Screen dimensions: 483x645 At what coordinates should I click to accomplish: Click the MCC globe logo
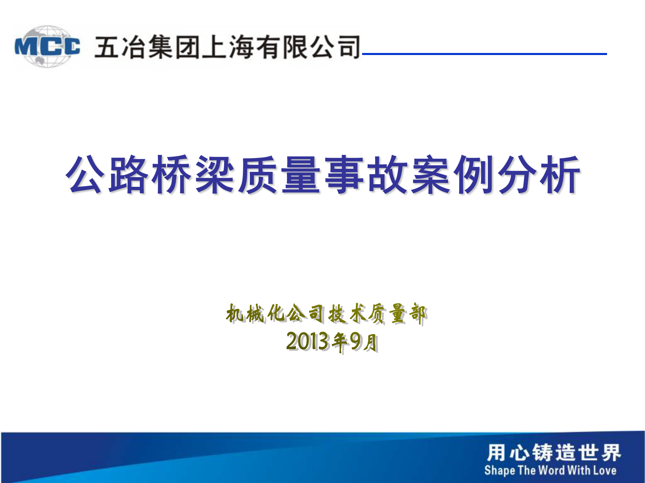pyautogui.click(x=47, y=46)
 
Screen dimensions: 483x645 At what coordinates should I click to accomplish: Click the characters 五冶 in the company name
pyautogui.click(x=120, y=47)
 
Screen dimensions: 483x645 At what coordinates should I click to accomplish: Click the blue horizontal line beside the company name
pyautogui.click(x=484, y=54)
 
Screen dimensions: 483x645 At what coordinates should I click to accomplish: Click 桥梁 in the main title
pyautogui.click(x=195, y=174)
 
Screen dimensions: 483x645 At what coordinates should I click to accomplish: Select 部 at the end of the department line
pyautogui.click(x=418, y=314)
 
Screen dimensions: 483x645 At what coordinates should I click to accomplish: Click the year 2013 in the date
pyautogui.click(x=307, y=341)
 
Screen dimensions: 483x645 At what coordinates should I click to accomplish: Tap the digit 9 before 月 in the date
pyautogui.click(x=355, y=341)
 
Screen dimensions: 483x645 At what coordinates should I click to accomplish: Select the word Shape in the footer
pyautogui.click(x=500, y=470)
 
